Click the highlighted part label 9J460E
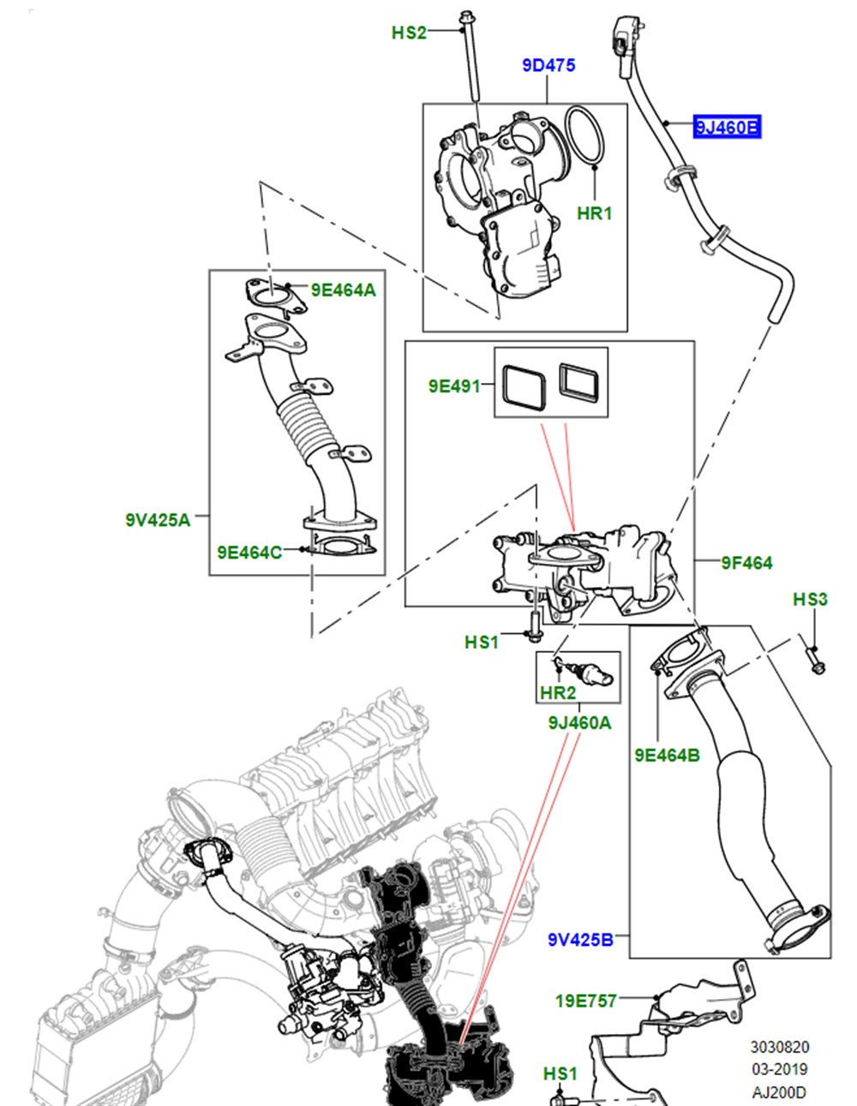pyautogui.click(x=727, y=128)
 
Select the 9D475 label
pyautogui.click(x=548, y=65)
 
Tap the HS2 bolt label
pyautogui.click(x=409, y=33)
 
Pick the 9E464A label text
pyautogui.click(x=343, y=290)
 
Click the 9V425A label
pyautogui.click(x=157, y=518)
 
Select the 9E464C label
pyautogui.click(x=249, y=553)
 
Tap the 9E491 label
pyautogui.click(x=454, y=386)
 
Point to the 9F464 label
pyautogui.click(x=746, y=562)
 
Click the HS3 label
pyautogui.click(x=810, y=600)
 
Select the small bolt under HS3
pyautogui.click(x=814, y=661)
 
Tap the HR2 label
pyautogui.click(x=557, y=692)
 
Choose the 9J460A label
pyautogui.click(x=579, y=723)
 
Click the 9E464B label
pyautogui.click(x=667, y=755)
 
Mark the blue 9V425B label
pyautogui.click(x=580, y=940)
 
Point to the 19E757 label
pyautogui.click(x=585, y=1000)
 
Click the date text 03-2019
pyautogui.click(x=779, y=1069)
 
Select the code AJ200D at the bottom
pyautogui.click(x=779, y=1091)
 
